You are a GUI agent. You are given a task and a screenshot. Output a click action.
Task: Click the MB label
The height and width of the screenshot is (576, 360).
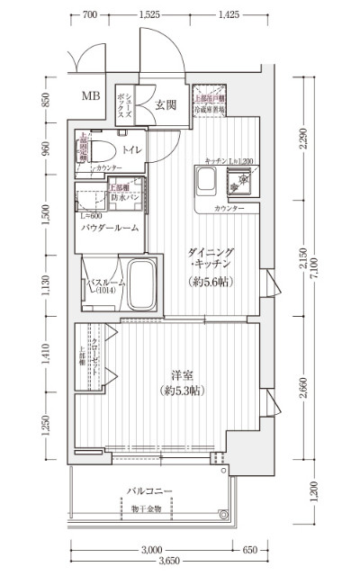pos(93,96)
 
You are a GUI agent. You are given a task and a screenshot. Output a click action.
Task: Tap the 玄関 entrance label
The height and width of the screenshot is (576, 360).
pos(165,104)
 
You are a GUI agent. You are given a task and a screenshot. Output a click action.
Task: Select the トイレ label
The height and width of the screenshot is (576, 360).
pos(130,150)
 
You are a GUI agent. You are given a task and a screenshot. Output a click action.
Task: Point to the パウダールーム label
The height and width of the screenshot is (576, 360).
pos(110,228)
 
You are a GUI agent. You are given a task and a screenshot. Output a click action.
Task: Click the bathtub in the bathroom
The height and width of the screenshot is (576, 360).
pos(142,285)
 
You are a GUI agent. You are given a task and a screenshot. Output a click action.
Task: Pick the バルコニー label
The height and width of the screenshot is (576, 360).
pos(150,493)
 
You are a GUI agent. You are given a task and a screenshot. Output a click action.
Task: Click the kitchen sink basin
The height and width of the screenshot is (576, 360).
pos(203,184)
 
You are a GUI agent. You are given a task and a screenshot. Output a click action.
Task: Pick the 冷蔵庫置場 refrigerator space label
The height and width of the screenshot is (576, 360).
pos(208,108)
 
